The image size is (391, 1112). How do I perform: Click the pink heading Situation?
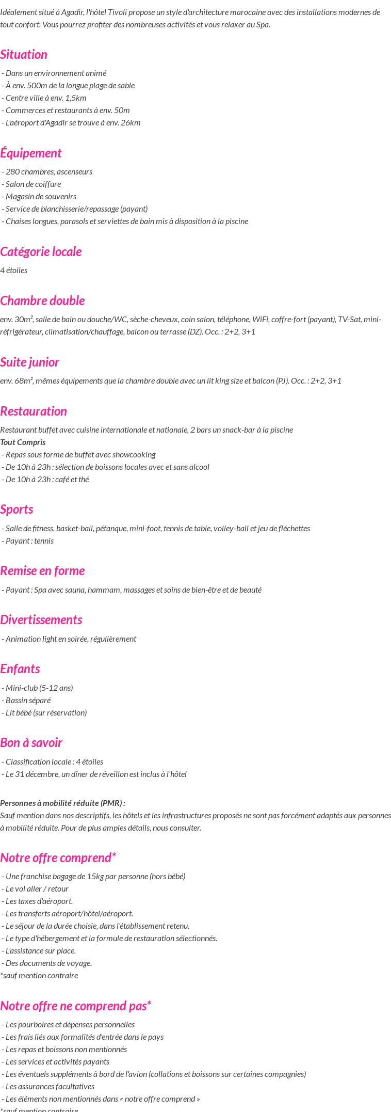coord(24,54)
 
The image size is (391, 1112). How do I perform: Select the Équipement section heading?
coord(31,153)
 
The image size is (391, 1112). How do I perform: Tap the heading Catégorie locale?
coord(41,251)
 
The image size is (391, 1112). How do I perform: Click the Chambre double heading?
coord(42,300)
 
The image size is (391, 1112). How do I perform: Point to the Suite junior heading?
coord(29,362)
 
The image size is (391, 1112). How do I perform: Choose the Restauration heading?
coord(34,411)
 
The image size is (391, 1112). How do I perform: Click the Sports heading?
coord(17,509)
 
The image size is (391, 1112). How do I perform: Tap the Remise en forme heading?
coord(42,570)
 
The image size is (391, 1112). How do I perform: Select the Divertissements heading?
coord(41,619)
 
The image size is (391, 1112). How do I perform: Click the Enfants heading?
coord(20,669)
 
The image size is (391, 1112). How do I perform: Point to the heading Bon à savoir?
coord(31,742)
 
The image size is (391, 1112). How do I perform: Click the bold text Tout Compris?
coord(23,442)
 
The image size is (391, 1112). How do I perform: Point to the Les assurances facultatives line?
coord(50,1086)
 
